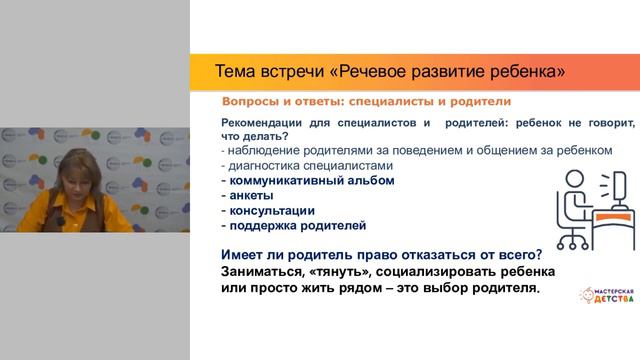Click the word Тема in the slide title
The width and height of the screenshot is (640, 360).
pos(237,72)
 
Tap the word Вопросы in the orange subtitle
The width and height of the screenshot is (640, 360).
pos(256,102)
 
